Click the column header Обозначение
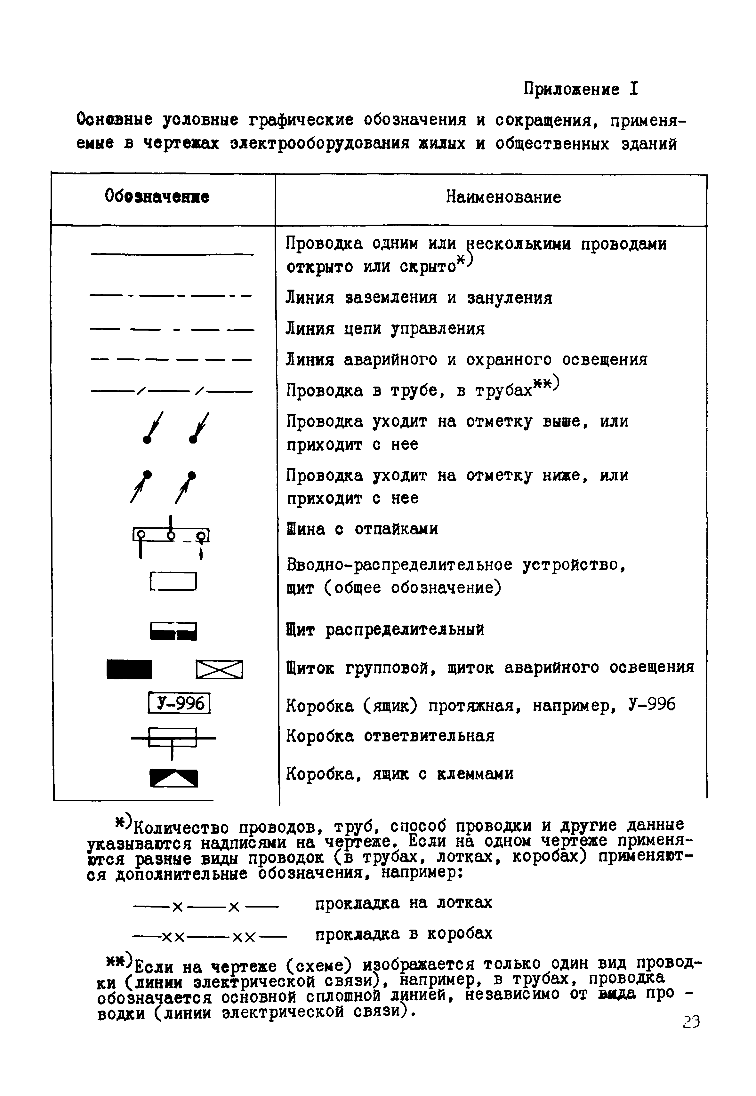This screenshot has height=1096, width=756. pyautogui.click(x=157, y=196)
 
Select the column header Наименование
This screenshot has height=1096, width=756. pyautogui.click(x=503, y=196)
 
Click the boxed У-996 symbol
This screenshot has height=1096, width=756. pyautogui.click(x=179, y=703)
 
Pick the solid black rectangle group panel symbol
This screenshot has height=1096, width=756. pyautogui.click(x=129, y=669)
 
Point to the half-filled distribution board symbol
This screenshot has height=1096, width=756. pyautogui.click(x=173, y=631)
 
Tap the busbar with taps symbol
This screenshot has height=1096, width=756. pyautogui.click(x=171, y=537)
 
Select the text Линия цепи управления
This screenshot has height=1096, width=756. pyautogui.click(x=385, y=329)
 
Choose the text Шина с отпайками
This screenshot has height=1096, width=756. pyautogui.click(x=362, y=529)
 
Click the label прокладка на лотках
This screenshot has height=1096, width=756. pyautogui.click(x=404, y=903)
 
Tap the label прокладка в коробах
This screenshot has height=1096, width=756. pyautogui.click(x=404, y=933)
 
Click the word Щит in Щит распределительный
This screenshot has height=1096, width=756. pyautogui.click(x=300, y=630)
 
